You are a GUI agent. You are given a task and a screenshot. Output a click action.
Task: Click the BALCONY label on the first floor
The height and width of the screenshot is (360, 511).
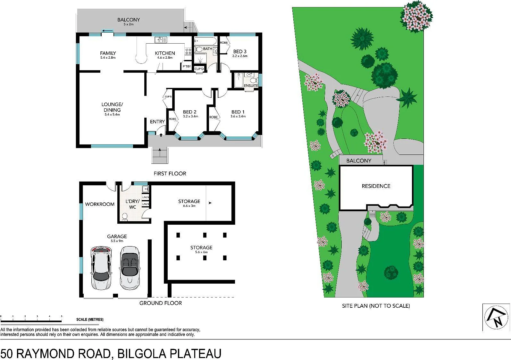tap(128, 20)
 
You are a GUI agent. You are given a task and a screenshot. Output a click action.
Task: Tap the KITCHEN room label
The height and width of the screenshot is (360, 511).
tap(165, 53)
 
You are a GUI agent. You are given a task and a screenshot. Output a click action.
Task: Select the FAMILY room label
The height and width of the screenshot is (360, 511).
tap(108, 53)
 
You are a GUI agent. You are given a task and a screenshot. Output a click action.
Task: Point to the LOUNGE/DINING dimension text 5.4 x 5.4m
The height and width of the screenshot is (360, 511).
tap(112, 115)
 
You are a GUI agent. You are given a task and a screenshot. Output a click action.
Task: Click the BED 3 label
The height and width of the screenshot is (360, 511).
tap(240, 51)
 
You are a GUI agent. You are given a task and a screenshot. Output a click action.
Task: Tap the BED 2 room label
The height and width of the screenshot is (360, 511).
tap(190, 112)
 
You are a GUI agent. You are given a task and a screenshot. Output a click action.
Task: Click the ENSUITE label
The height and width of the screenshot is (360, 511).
tap(251, 86)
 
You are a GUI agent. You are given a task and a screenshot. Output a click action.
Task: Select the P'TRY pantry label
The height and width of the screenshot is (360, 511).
tap(187, 67)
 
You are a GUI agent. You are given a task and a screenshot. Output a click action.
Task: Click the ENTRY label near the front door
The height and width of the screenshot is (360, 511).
tap(157, 122)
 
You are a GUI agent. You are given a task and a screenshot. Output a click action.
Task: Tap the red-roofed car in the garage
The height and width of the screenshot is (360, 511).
tap(101, 268)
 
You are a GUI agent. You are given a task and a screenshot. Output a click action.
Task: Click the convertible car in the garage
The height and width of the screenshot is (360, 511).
tap(129, 268)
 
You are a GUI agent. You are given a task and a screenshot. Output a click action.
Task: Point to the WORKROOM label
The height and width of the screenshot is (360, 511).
tap(100, 204)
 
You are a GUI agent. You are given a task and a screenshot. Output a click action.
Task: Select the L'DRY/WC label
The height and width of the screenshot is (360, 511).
tap(132, 204)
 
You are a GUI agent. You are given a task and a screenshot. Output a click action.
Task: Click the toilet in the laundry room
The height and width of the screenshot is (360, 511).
tap(125, 217)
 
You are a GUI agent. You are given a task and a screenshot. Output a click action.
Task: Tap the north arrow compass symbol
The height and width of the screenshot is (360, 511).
tap(496, 318)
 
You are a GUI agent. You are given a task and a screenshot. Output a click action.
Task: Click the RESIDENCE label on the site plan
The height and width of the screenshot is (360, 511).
tap(376, 186)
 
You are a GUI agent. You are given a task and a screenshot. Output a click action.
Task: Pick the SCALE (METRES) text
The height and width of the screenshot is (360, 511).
tap(90, 320)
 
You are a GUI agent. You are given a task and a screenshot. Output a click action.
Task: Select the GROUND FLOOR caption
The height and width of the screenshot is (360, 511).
tap(160, 303)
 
